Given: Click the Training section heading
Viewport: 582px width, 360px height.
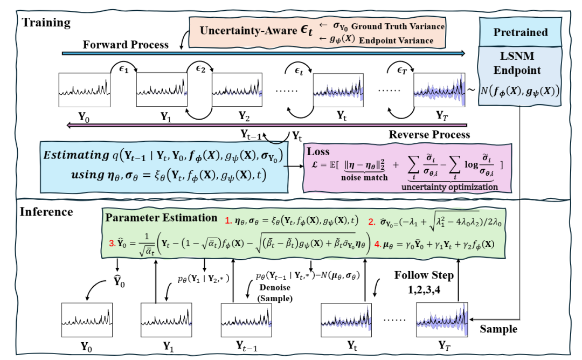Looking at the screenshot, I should click(46, 23).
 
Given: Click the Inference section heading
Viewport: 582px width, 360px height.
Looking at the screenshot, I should click(46, 211).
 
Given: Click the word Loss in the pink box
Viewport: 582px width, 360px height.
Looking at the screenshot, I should click(318, 152).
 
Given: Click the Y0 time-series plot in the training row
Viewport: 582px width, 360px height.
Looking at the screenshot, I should click(85, 90).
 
